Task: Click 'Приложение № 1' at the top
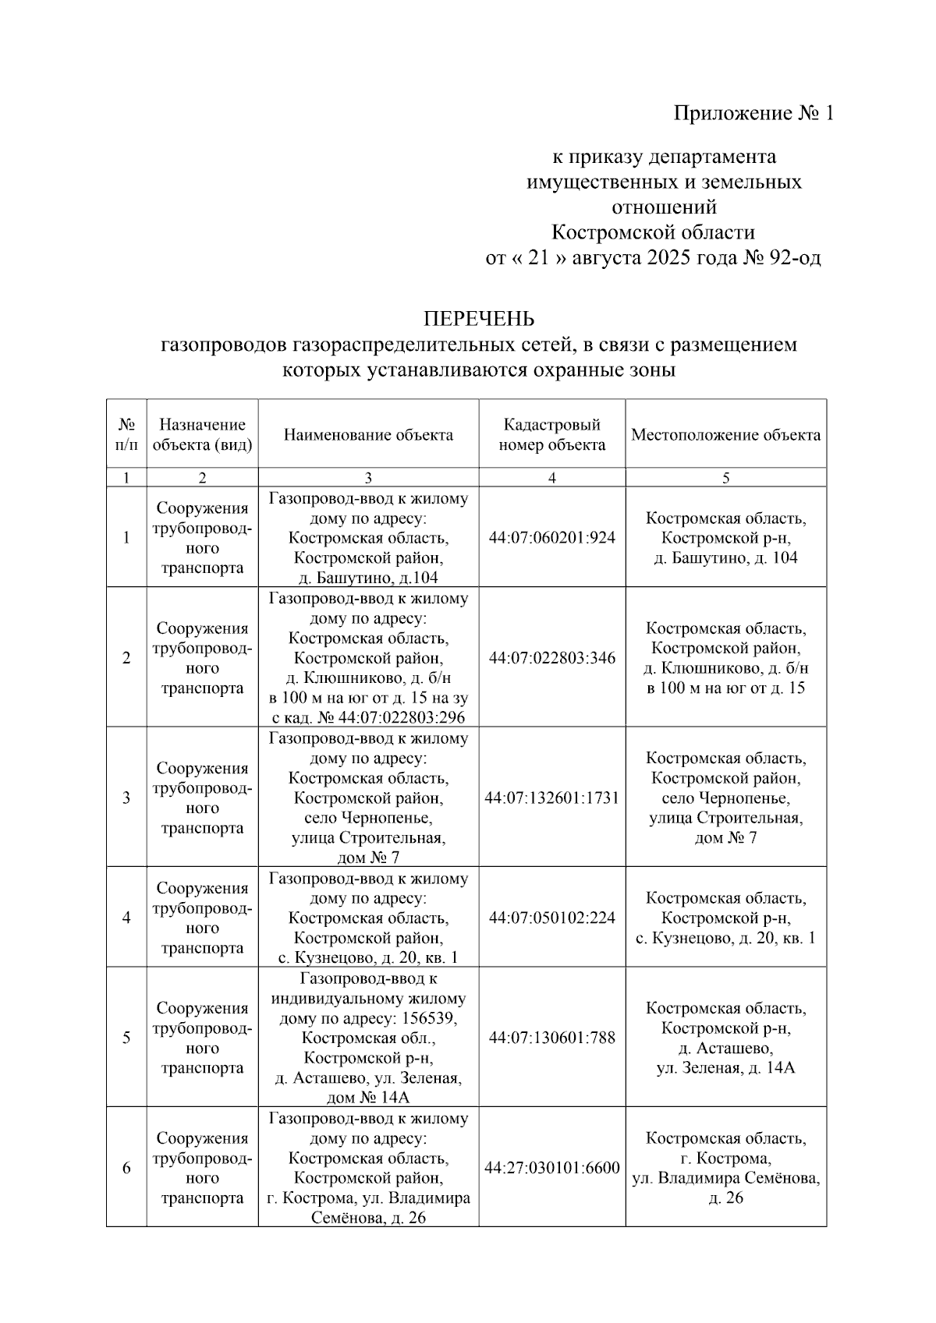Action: (x=753, y=114)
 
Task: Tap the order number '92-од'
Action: (x=795, y=258)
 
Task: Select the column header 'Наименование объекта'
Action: (x=368, y=435)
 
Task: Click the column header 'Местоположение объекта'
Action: (x=725, y=435)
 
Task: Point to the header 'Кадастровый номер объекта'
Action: (x=551, y=435)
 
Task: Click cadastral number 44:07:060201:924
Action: (x=551, y=538)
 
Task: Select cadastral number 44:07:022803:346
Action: (x=551, y=658)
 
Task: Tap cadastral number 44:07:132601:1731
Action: (x=551, y=798)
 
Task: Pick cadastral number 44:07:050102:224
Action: (x=551, y=918)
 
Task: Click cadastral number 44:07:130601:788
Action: (x=551, y=1038)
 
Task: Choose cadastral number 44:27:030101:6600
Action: (x=551, y=1169)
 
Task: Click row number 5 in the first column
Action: (x=126, y=1038)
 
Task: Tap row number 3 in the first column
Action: (x=126, y=798)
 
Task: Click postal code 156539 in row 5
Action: (x=430, y=1019)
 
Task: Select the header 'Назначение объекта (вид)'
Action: (x=202, y=435)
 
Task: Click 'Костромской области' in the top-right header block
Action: (x=653, y=232)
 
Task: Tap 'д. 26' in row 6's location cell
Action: (x=725, y=1198)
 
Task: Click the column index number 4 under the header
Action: (x=551, y=478)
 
